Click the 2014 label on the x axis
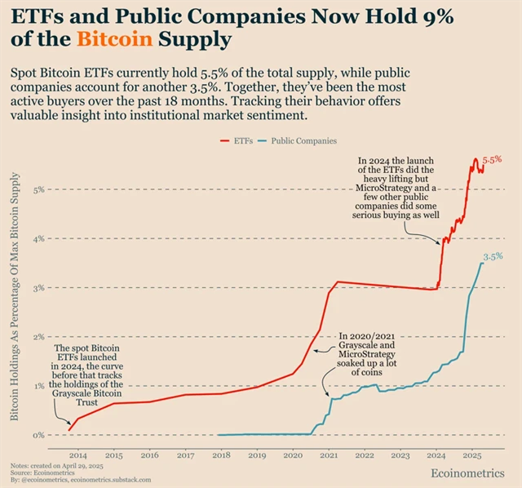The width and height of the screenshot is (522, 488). pyautogui.click(x=77, y=454)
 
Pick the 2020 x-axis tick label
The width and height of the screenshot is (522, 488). pyautogui.click(x=293, y=454)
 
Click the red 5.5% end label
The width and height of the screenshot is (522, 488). pyautogui.click(x=493, y=161)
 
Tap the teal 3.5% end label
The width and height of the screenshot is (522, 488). pyautogui.click(x=493, y=256)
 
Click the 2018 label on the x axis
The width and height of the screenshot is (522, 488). pyautogui.click(x=221, y=454)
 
